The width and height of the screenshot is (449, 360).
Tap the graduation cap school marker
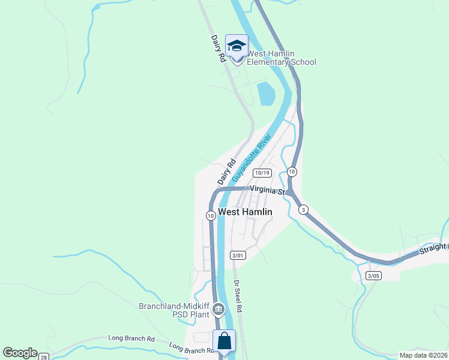pos(237,46)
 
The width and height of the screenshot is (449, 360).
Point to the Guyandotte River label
pos(252,158)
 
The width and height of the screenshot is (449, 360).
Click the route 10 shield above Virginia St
pos(292,172)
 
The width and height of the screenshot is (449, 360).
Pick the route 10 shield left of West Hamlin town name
pos(211,215)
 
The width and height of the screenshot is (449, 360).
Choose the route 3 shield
pos(304,209)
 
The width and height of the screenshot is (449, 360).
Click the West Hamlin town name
pos(245,212)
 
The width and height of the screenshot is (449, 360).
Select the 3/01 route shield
pos(238,255)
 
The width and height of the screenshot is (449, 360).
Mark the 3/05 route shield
pos(373,275)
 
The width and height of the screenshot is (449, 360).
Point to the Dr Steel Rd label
pos(238,296)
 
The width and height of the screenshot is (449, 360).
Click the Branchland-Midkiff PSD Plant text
pos(174,310)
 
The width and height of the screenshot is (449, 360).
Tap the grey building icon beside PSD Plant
pos(218,310)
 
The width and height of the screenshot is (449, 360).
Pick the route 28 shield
pos(44,357)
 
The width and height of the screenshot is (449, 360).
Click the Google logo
pos(20,353)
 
